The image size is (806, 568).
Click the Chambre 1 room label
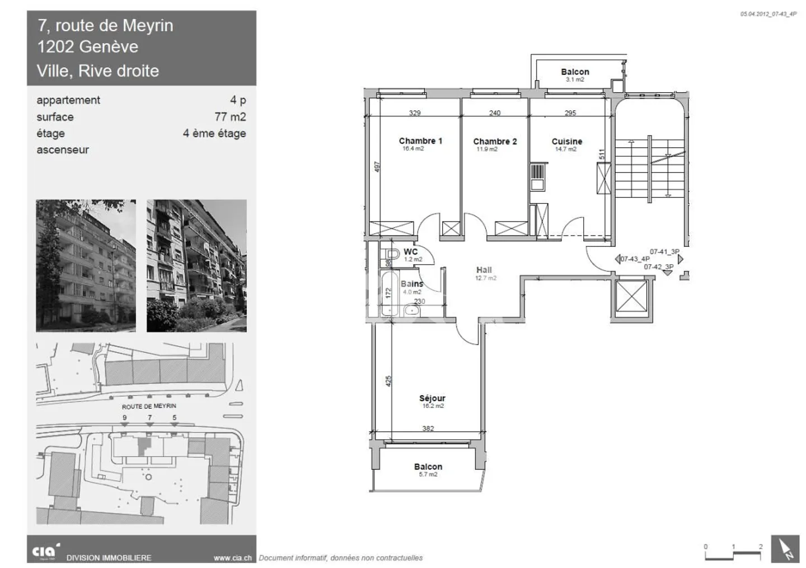tap(420, 141)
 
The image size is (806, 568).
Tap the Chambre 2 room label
tap(495, 142)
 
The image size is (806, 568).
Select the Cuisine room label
tap(566, 142)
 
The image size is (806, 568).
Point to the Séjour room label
tap(432, 398)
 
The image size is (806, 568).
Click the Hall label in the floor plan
tap(484, 270)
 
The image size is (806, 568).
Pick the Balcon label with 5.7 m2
tap(428, 467)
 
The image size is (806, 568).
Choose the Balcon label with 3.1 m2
tap(575, 72)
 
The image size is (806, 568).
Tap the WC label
tap(411, 252)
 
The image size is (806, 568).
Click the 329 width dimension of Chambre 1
tap(415, 113)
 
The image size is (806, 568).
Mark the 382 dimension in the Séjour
tap(428, 429)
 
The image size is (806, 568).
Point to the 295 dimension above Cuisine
tap(570, 113)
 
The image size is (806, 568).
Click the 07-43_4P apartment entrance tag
tap(635, 259)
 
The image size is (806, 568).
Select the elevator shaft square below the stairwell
tap(631, 297)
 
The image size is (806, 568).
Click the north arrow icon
tap(785, 548)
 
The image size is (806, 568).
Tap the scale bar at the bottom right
tap(733, 553)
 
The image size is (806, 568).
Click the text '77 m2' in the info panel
tap(230, 117)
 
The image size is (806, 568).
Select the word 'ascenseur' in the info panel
tap(63, 150)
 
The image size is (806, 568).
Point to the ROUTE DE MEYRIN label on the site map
tap(149, 406)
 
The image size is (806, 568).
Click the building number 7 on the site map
tap(149, 417)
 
